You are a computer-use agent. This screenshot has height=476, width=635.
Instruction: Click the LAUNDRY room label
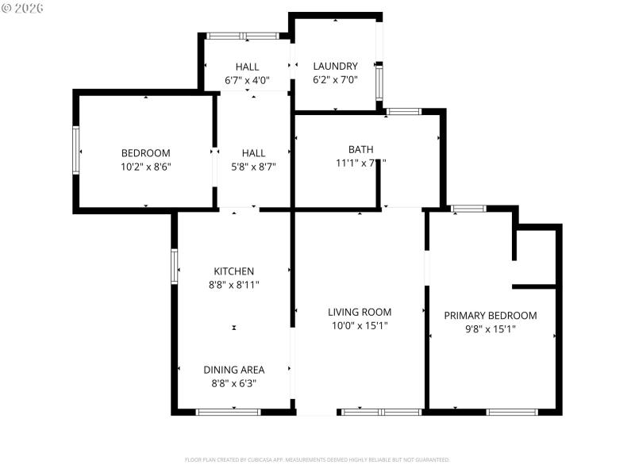pyautogui.click(x=335, y=66)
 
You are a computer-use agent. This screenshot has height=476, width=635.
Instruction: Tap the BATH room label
pyautogui.click(x=360, y=149)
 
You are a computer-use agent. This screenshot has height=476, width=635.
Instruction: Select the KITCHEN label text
pyautogui.click(x=233, y=271)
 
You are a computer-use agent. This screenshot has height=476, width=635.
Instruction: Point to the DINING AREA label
pyautogui.click(x=233, y=370)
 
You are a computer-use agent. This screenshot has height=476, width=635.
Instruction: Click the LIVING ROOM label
pyautogui.click(x=360, y=312)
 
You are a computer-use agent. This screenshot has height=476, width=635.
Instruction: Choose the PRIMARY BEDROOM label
pyautogui.click(x=490, y=315)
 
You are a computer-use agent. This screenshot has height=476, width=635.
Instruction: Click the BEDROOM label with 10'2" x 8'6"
pyautogui.click(x=145, y=153)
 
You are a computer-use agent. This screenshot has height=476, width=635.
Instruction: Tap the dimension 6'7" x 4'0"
pyautogui.click(x=248, y=79)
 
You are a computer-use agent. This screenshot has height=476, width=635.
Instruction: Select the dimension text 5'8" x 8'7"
pyautogui.click(x=253, y=167)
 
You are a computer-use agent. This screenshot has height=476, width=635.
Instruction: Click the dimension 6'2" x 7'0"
pyautogui.click(x=335, y=79)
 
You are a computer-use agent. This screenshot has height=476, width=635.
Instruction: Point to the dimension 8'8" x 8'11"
pyautogui.click(x=233, y=285)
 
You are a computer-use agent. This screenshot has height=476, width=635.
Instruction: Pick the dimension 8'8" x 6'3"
pyautogui.click(x=233, y=383)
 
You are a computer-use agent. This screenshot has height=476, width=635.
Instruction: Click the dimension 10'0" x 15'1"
pyautogui.click(x=360, y=325)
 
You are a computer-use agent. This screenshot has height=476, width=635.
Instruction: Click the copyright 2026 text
pyautogui.click(x=24, y=7)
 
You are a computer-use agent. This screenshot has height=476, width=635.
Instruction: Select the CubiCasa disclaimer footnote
pyautogui.click(x=317, y=459)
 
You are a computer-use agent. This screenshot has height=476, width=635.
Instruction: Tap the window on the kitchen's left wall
pyautogui.click(x=174, y=266)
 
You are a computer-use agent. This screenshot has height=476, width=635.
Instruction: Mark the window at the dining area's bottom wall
pyautogui.click(x=228, y=412)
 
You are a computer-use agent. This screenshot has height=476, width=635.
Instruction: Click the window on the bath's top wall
pyautogui.click(x=404, y=112)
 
